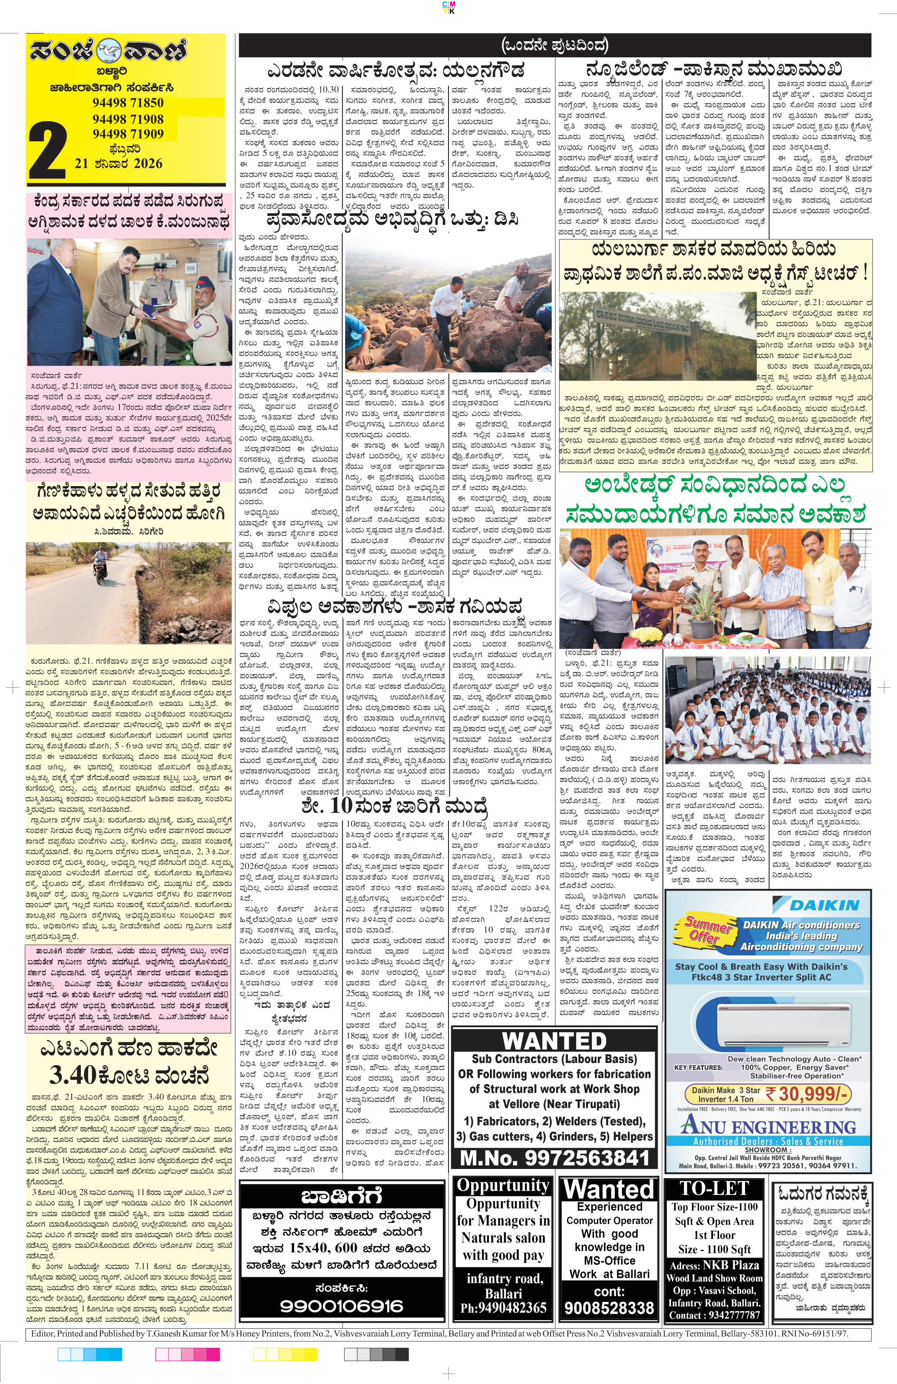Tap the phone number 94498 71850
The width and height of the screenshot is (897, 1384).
tap(128, 103)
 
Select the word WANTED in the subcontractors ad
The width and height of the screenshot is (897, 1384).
tap(554, 1041)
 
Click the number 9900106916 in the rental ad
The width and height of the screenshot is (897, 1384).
tap(341, 1306)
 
